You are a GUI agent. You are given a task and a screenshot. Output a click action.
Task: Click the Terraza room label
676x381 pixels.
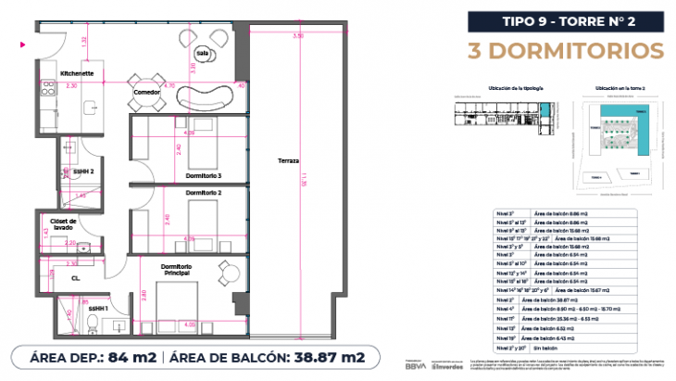coord(287,160)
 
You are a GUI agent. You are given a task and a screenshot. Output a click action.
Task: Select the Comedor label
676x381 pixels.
coord(148,93)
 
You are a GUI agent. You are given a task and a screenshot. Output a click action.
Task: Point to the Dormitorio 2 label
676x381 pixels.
coord(205,192)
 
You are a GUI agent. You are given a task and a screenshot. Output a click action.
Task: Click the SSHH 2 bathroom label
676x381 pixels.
coord(84,171)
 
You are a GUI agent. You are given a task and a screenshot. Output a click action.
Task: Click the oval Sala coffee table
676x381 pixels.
coord(202,54)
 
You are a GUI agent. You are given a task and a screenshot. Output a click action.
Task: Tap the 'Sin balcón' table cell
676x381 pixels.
coord(546,349)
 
